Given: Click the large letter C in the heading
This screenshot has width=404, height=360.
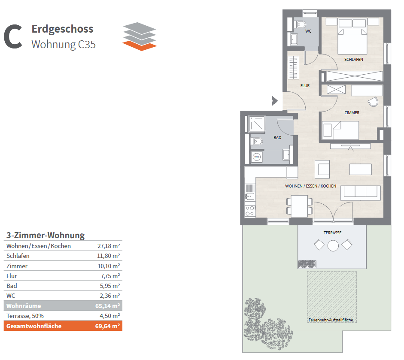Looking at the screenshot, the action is tap(13, 36).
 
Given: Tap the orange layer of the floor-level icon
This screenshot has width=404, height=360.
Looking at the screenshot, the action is tap(140, 45).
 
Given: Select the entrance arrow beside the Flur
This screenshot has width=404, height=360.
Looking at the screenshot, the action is tap(275, 101).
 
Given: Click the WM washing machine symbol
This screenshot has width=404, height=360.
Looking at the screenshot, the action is tap(257, 157).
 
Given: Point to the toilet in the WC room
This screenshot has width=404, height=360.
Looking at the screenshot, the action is tap(299, 24).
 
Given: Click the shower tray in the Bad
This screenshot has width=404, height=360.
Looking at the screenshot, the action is tap(257, 124).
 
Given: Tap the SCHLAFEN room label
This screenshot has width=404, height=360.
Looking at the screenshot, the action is tap(353, 60).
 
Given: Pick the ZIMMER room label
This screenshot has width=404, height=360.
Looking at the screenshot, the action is tap(352, 113).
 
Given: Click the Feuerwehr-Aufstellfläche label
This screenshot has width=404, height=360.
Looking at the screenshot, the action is tap(331, 320).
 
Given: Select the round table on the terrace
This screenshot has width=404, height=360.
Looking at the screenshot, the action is tap(333, 245).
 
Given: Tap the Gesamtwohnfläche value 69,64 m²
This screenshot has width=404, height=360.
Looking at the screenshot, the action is tap(107, 326).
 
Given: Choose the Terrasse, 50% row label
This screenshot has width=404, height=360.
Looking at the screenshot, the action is tap(25, 316).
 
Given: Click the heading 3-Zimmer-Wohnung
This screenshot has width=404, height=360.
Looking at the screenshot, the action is tap(46, 236).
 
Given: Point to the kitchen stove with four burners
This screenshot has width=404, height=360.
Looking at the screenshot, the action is tap(250, 211).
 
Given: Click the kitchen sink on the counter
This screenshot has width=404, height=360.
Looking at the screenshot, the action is tap(250, 196).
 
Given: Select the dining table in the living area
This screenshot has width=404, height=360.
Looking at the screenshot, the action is tap(299, 206).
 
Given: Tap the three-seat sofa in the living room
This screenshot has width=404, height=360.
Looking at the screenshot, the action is tap(361, 193).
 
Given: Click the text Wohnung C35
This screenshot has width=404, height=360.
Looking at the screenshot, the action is tap(64, 45).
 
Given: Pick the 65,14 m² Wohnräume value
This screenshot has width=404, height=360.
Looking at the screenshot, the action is tap(107, 306).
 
